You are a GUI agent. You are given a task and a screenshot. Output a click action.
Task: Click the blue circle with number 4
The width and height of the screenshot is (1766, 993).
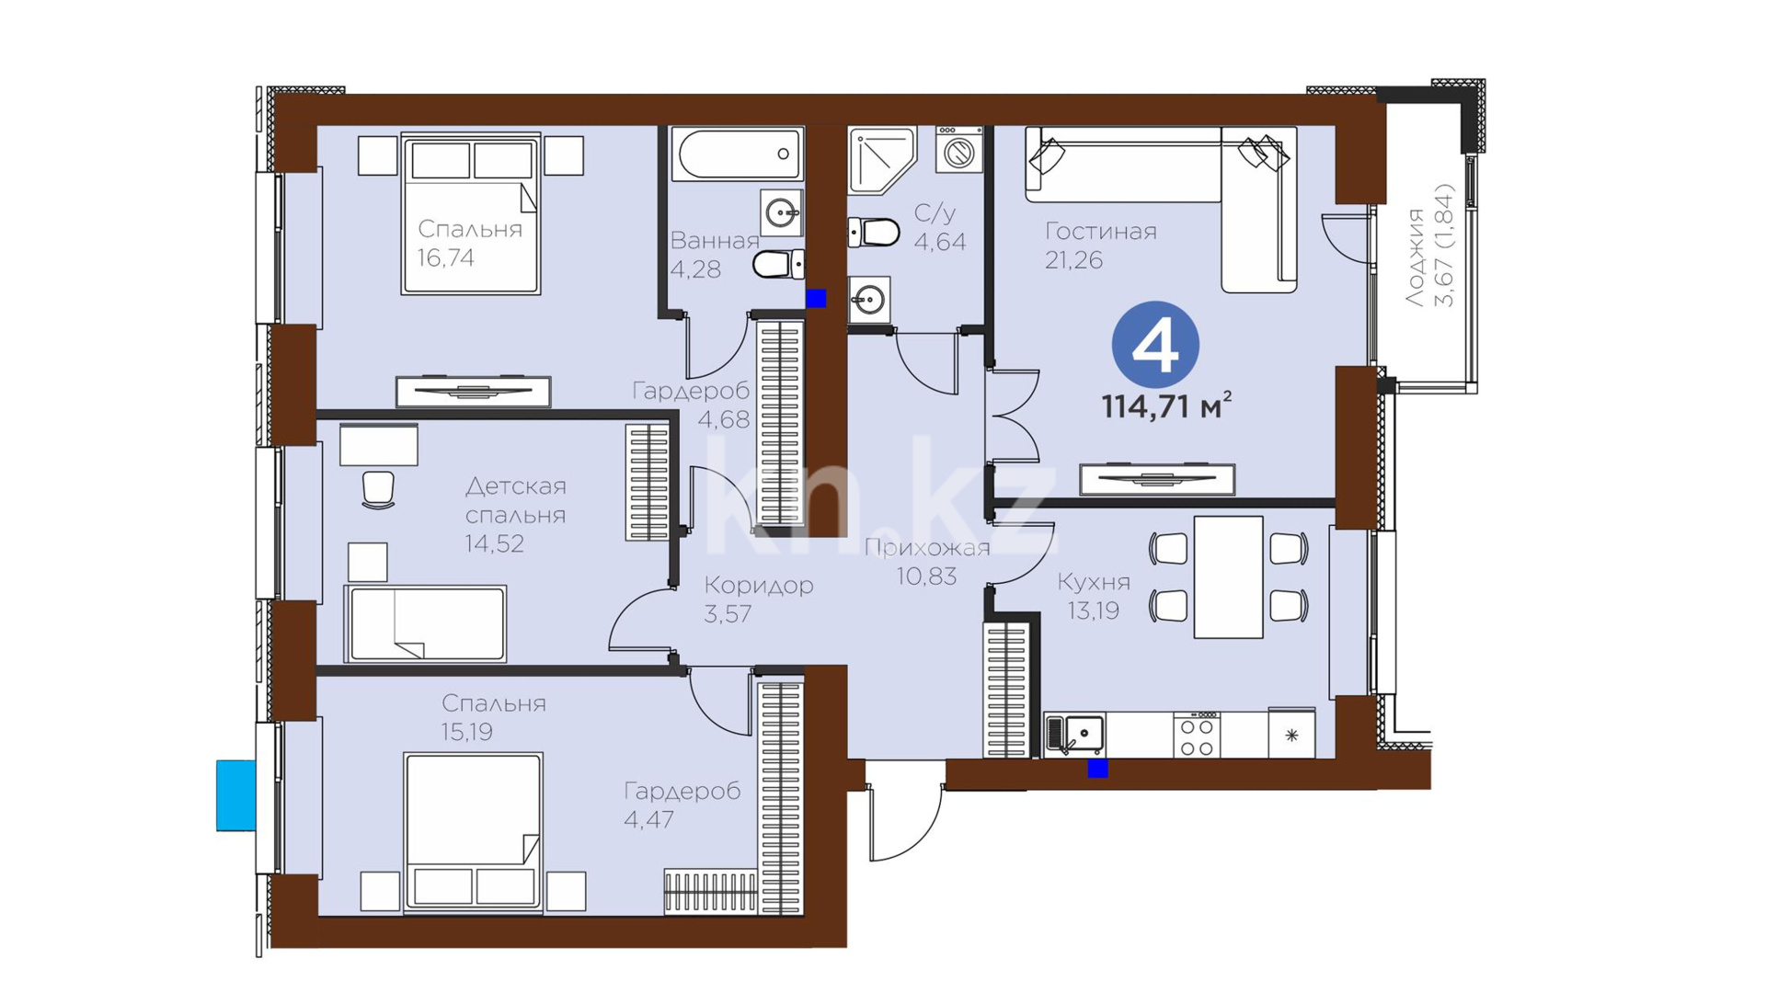pyautogui.click(x=1155, y=345)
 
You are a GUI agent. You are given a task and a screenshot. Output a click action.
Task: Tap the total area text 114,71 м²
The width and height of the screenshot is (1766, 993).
pyautogui.click(x=1166, y=405)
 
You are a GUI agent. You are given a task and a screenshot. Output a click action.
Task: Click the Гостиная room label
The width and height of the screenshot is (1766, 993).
pyautogui.click(x=1101, y=231)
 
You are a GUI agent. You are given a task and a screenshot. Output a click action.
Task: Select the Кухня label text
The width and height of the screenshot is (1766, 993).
pyautogui.click(x=1094, y=581)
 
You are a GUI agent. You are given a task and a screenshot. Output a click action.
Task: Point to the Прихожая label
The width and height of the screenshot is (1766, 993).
pyautogui.click(x=927, y=548)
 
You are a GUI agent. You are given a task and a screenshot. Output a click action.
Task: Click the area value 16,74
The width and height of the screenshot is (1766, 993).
pyautogui.click(x=446, y=258)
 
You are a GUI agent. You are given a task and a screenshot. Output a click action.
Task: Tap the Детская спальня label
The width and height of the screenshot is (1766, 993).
pyautogui.click(x=515, y=499)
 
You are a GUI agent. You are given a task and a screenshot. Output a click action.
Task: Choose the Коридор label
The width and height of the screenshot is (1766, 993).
pyautogui.click(x=759, y=585)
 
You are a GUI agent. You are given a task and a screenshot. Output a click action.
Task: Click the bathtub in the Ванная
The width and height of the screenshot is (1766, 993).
pyautogui.click(x=738, y=154)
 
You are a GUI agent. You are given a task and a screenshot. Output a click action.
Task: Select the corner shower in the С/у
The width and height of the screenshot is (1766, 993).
pyautogui.click(x=880, y=159)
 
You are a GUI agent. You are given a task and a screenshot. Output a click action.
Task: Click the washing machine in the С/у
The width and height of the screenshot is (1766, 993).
pyautogui.click(x=959, y=150)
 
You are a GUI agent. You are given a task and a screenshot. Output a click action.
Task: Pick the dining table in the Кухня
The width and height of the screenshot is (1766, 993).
pyautogui.click(x=1228, y=576)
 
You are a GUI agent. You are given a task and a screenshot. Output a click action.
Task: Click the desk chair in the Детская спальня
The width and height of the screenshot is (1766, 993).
pyautogui.click(x=378, y=489)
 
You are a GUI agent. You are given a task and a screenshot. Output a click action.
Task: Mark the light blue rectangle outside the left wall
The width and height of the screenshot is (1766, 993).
pyautogui.click(x=235, y=795)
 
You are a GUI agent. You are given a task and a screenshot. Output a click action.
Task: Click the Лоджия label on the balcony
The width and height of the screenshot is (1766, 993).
pyautogui.click(x=1416, y=257)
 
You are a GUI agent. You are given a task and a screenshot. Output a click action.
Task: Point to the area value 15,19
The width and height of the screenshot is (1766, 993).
pyautogui.click(x=466, y=732)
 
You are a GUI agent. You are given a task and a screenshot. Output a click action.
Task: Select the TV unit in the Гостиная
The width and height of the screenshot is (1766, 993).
pyautogui.click(x=1157, y=479)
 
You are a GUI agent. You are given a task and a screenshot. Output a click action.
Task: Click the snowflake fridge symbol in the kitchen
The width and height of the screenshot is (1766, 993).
pyautogui.click(x=1291, y=735)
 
